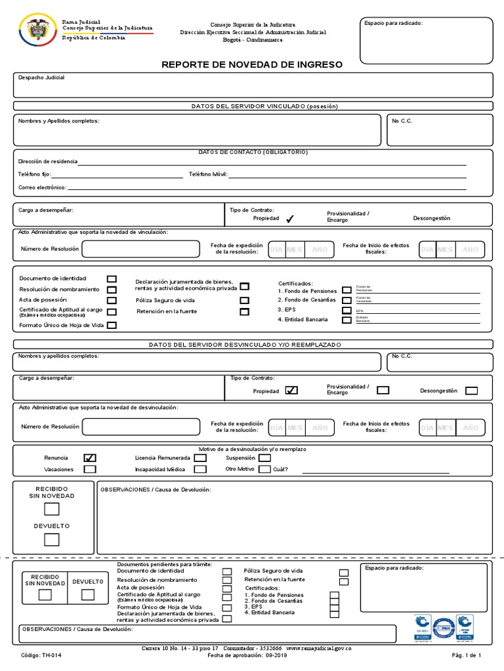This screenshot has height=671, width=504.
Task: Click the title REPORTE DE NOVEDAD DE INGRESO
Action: [252, 65]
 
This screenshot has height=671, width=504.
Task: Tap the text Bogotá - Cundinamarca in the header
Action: [253, 39]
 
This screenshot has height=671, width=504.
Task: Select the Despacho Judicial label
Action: [41, 77]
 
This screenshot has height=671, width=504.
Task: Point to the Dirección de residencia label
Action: [47, 161]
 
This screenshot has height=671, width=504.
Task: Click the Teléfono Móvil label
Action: [208, 174]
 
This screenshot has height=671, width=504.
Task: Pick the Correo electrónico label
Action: [42, 187]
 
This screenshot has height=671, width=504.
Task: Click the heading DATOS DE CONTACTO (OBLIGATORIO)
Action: [253, 152]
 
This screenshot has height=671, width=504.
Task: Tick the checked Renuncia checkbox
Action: [90, 458]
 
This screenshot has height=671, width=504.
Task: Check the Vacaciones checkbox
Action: [90, 469]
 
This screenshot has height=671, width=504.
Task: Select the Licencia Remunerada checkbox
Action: [200, 458]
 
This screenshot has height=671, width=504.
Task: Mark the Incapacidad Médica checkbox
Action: [200, 469]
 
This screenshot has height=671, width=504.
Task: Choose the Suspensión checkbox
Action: [264, 458]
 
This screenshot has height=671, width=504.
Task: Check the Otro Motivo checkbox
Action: [264, 469]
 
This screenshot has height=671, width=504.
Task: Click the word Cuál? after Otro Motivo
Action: [280, 469]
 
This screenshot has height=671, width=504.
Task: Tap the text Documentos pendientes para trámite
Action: [165, 565]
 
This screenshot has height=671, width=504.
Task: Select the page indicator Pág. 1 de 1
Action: [467, 655]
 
